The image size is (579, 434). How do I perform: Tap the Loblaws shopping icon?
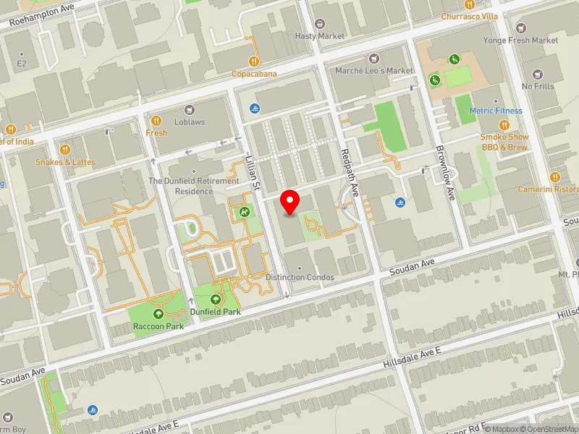(x=190, y=109)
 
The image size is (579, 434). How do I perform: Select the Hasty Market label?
(x=320, y=36)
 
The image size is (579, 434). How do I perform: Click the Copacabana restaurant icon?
(x=254, y=61)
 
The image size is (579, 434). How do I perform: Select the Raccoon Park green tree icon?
(x=159, y=314)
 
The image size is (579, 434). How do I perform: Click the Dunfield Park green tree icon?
(x=215, y=299)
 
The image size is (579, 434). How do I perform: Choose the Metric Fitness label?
(x=496, y=111)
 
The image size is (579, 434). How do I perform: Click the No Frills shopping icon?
(x=537, y=74)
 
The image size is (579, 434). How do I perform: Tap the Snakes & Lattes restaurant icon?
(x=65, y=150)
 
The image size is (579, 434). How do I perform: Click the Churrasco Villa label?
(x=470, y=16)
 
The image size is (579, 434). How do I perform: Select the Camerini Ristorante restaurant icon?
(x=555, y=176)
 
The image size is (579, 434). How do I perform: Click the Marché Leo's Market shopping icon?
(x=374, y=58)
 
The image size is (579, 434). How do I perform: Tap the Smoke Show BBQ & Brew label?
(x=504, y=141)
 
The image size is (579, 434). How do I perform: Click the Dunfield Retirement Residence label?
(x=193, y=186)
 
